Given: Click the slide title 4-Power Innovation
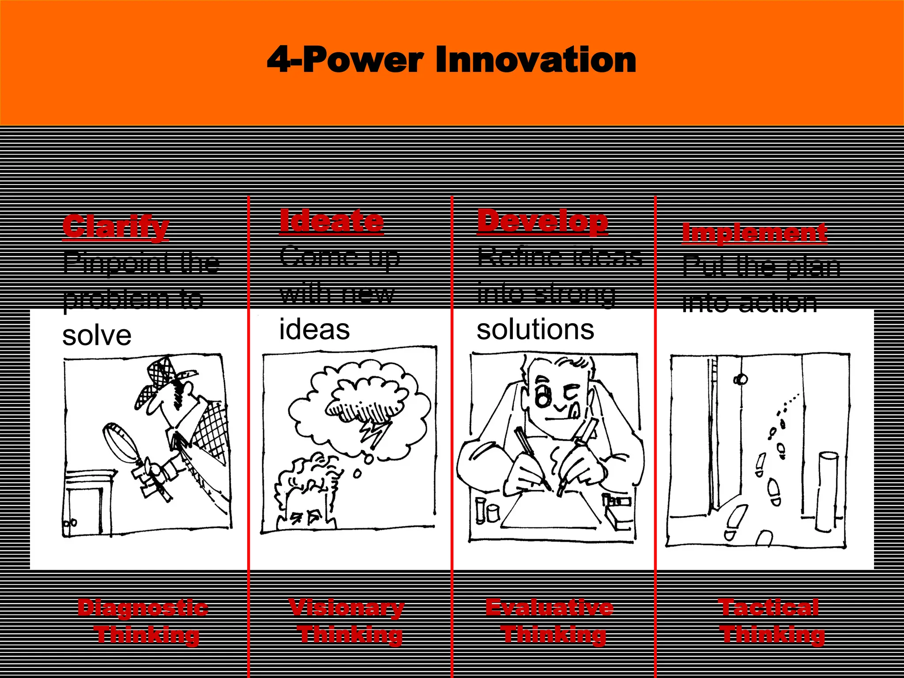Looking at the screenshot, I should point(451,60).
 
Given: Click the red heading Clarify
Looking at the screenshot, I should point(116,226).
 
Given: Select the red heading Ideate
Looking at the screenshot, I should point(331,221).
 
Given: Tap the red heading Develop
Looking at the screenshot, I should point(542,221).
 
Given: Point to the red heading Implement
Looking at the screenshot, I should point(754,233).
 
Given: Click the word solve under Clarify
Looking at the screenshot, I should point(97,335).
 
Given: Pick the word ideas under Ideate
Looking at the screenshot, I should point(314,330).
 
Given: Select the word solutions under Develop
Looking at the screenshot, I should point(535,330).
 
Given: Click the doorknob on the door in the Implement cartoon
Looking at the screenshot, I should point(740,379).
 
